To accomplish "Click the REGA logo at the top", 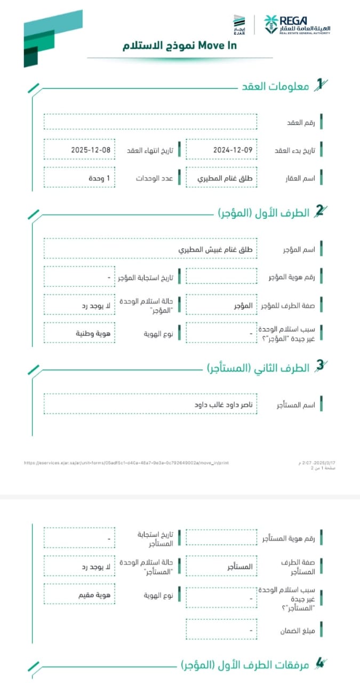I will point(297,25).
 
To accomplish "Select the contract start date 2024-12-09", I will point(232,150).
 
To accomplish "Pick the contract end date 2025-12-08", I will point(91,150).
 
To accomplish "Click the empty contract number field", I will point(150,122).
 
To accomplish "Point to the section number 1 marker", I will point(319,84).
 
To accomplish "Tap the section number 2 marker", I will point(319,211).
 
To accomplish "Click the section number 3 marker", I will point(319,366).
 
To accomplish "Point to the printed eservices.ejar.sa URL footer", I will point(126,463).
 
